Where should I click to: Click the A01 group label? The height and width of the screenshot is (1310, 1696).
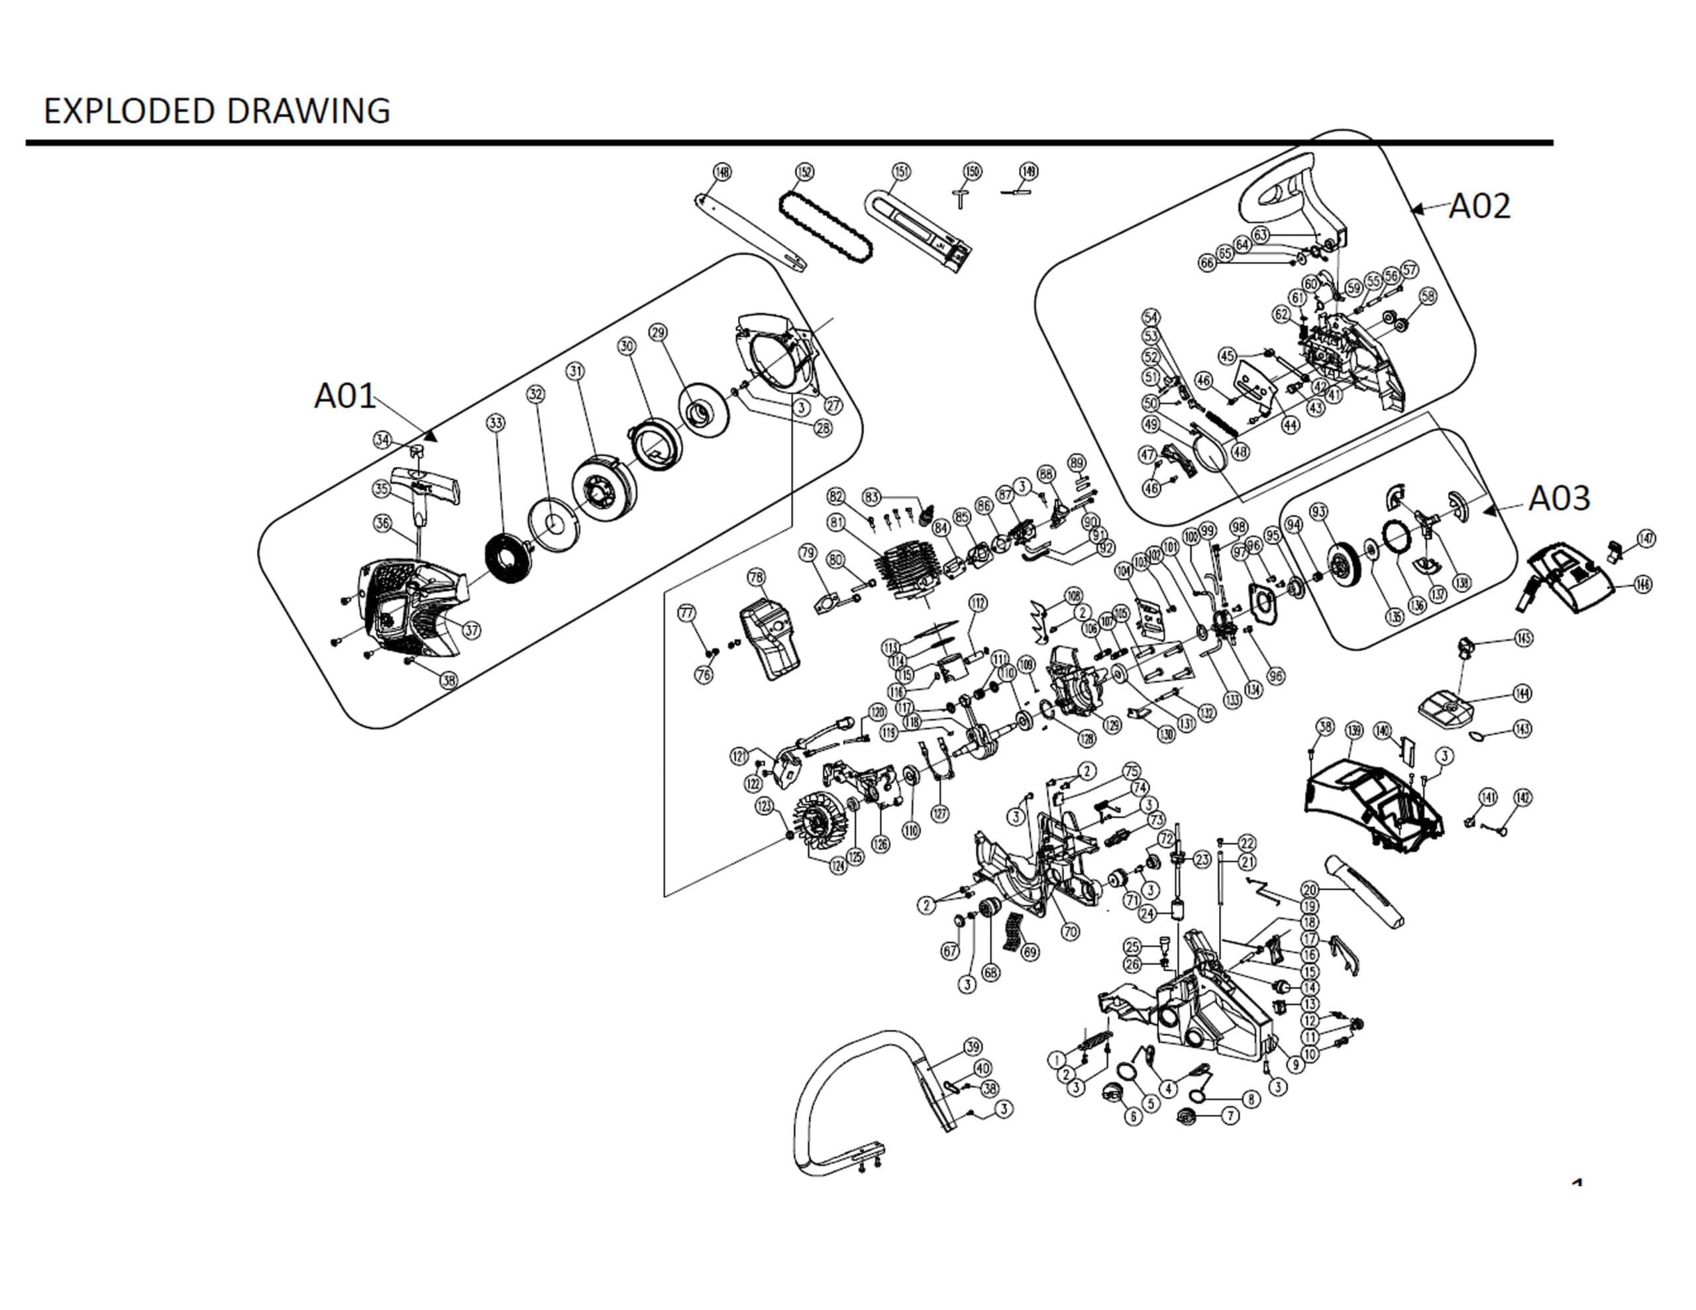[x=344, y=396]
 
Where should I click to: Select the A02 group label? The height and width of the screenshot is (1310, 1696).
[x=1479, y=207]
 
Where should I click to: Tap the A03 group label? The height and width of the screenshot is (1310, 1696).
[x=1559, y=499]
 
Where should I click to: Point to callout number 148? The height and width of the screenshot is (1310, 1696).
[x=722, y=172]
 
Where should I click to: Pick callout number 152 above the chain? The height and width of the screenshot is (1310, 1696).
[x=804, y=172]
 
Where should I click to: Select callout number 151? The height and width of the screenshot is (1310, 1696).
[x=901, y=171]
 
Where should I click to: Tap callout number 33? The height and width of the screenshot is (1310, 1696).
[x=496, y=423]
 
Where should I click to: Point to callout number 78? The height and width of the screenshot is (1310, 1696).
[x=756, y=577]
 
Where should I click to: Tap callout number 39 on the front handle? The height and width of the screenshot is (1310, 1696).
[x=973, y=1047]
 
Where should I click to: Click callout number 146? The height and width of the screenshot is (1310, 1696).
[x=1642, y=584]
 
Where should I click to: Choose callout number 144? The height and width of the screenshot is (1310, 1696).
[x=1521, y=693]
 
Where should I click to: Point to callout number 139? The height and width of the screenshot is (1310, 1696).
[x=1353, y=730]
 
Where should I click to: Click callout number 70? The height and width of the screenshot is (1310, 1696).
[x=1069, y=931]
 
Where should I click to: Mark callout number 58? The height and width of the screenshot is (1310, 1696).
[x=1427, y=296]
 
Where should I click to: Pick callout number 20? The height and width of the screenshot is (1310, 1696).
[x=1309, y=890]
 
